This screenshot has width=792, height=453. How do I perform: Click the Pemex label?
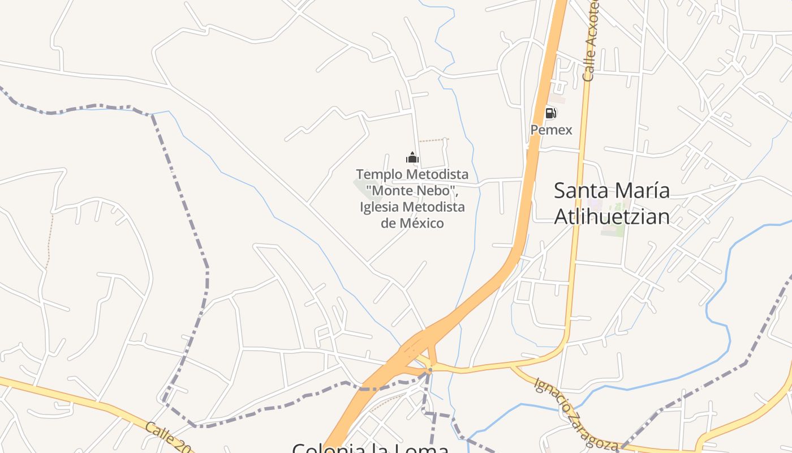pyautogui.click(x=551, y=130)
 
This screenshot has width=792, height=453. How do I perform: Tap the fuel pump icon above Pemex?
pyautogui.click(x=550, y=113)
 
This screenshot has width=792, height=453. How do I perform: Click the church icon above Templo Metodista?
pyautogui.click(x=412, y=157)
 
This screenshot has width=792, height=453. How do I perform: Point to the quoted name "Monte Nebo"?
pyautogui.click(x=411, y=190)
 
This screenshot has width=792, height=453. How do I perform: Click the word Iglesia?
pyautogui.click(x=378, y=207)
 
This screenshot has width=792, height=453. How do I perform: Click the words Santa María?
pyautogui.click(x=612, y=190)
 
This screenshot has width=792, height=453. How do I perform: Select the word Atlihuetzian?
pyautogui.click(x=612, y=216)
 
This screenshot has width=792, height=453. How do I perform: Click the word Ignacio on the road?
pyautogui.click(x=552, y=398)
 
